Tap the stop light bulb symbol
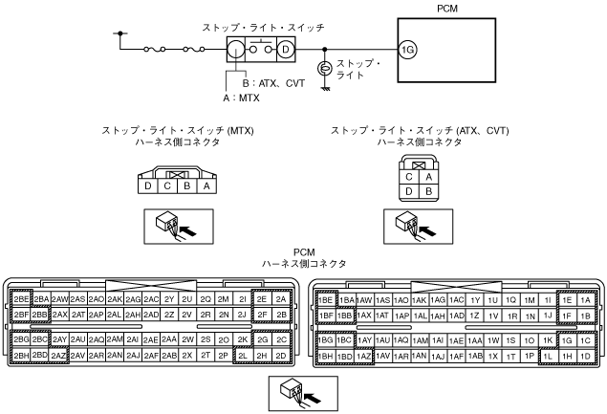(x=325, y=69)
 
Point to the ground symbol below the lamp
(x=325, y=88)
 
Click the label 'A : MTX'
(x=243, y=98)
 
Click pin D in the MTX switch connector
(x=148, y=185)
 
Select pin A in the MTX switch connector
(x=206, y=185)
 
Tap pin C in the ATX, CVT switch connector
(x=409, y=176)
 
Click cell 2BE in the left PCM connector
(x=20, y=298)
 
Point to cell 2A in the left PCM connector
(x=280, y=298)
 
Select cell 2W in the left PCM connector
(x=189, y=339)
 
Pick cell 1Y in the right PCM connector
(x=474, y=298)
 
